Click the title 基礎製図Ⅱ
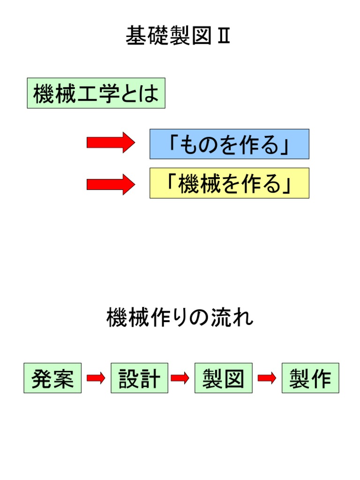click(179, 36)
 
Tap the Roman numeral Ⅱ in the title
click(223, 36)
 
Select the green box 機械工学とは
click(96, 93)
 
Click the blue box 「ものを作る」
click(229, 144)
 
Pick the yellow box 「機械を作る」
click(229, 183)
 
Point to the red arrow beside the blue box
click(111, 142)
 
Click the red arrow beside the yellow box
click(111, 184)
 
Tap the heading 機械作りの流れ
click(180, 319)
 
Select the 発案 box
click(52, 378)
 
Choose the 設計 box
click(139, 378)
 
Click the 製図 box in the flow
click(224, 378)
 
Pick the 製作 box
click(310, 378)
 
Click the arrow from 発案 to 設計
click(96, 378)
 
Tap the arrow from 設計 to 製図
click(180, 378)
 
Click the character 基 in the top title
click(136, 36)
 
